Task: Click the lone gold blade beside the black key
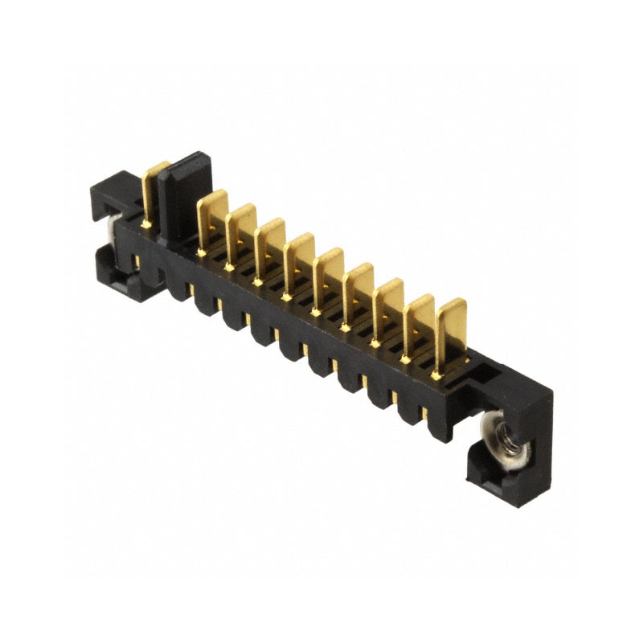[152, 189]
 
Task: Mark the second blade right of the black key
[240, 233]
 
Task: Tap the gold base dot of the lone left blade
[146, 225]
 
